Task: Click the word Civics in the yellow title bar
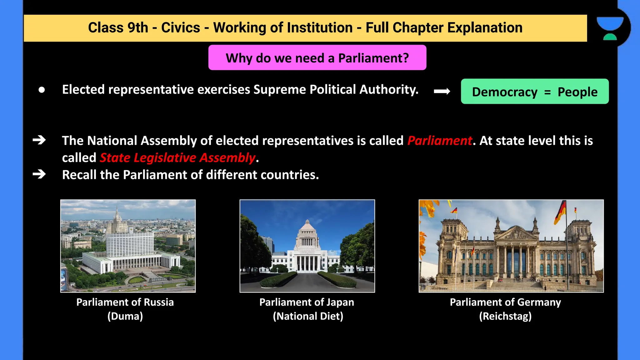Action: [180, 27]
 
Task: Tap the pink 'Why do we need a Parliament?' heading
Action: [317, 58]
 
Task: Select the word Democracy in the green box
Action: [504, 92]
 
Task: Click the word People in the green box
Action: [577, 92]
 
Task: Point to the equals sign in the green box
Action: [547, 92]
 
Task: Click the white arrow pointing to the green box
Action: [442, 91]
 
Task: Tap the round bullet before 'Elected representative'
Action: [42, 90]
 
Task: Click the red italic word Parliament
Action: [440, 141]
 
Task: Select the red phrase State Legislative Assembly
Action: [177, 158]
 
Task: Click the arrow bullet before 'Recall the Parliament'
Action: [39, 174]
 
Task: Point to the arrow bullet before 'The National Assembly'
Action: [39, 140]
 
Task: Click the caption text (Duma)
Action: [125, 316]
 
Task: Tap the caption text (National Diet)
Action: [308, 316]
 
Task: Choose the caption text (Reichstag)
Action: [505, 316]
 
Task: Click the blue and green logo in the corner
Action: [610, 28]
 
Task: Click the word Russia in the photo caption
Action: [159, 302]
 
